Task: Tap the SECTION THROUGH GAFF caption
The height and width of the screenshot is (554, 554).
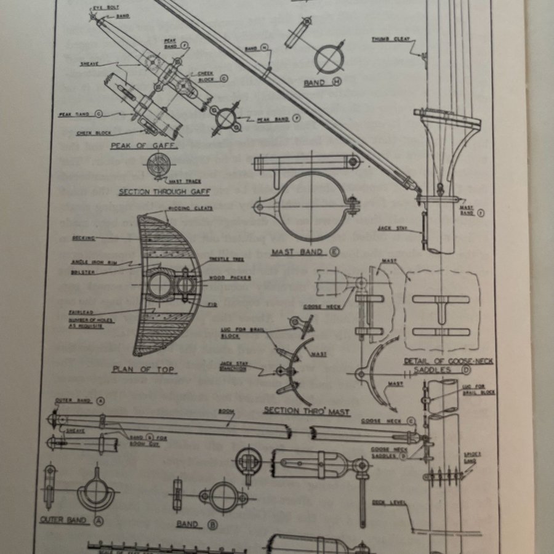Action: point(156,191)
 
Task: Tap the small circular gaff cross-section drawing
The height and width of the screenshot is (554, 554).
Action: point(157,163)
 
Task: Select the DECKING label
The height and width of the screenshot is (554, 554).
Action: point(82,236)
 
